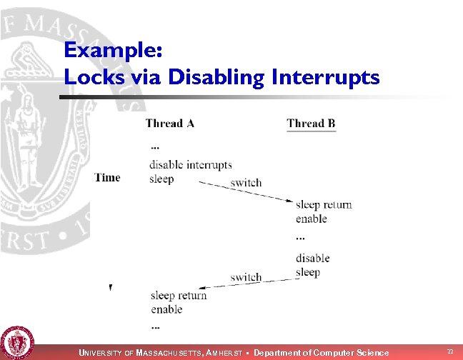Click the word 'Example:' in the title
[114, 51]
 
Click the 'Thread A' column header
[169, 124]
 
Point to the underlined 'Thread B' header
[311, 124]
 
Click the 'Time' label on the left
[107, 178]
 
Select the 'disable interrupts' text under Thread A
[191, 165]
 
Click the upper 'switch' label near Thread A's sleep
[246, 183]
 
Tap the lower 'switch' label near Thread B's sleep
[246, 277]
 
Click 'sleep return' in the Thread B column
[324, 205]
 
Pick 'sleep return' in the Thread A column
[179, 296]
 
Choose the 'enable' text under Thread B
[311, 219]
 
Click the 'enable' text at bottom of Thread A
[166, 309]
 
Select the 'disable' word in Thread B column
[312, 258]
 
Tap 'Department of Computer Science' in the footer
[321, 353]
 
